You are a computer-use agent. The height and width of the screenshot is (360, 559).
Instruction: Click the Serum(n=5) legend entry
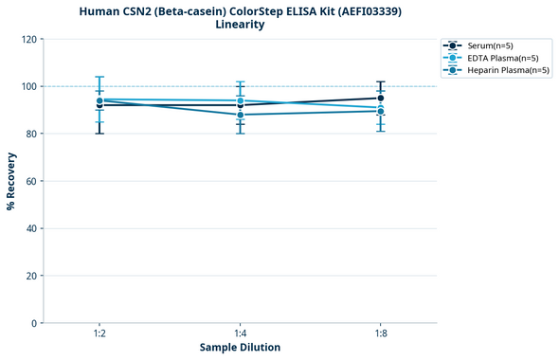point(490,45)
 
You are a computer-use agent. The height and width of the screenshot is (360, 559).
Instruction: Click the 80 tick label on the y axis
point(33,134)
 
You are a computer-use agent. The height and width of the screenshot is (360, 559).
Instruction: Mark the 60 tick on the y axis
point(33,181)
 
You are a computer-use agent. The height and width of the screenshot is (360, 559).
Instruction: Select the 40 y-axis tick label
point(33,228)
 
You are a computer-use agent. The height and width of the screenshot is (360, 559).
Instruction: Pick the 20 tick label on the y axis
point(33,276)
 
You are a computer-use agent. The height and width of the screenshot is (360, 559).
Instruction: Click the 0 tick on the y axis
point(36,323)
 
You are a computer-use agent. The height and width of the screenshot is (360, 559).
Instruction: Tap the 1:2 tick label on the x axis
point(99,333)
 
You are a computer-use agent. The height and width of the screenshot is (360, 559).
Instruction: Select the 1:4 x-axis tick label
point(240,333)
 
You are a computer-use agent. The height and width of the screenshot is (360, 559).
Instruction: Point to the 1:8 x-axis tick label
point(380,333)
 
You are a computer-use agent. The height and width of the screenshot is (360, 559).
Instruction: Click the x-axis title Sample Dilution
point(240,348)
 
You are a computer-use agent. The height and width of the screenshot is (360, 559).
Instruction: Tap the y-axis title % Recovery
point(11,181)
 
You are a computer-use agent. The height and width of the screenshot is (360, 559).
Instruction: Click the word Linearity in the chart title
point(240,25)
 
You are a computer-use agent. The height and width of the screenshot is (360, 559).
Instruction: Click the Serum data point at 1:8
point(380,98)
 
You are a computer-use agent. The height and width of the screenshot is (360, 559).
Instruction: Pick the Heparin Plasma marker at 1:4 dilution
point(240,115)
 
